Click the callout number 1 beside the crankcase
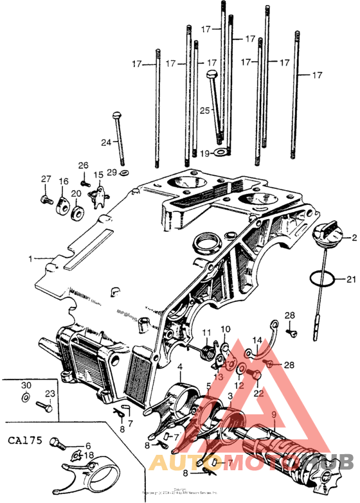(x=30, y=258)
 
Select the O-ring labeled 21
(x=322, y=279)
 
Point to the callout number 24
(x=106, y=142)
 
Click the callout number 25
(x=204, y=110)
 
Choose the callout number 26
(x=83, y=165)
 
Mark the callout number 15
(x=98, y=175)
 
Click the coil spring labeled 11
(x=207, y=351)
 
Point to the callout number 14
(x=256, y=340)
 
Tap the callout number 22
(x=258, y=393)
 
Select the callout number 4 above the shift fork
(x=181, y=367)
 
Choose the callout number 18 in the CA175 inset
(x=89, y=455)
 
